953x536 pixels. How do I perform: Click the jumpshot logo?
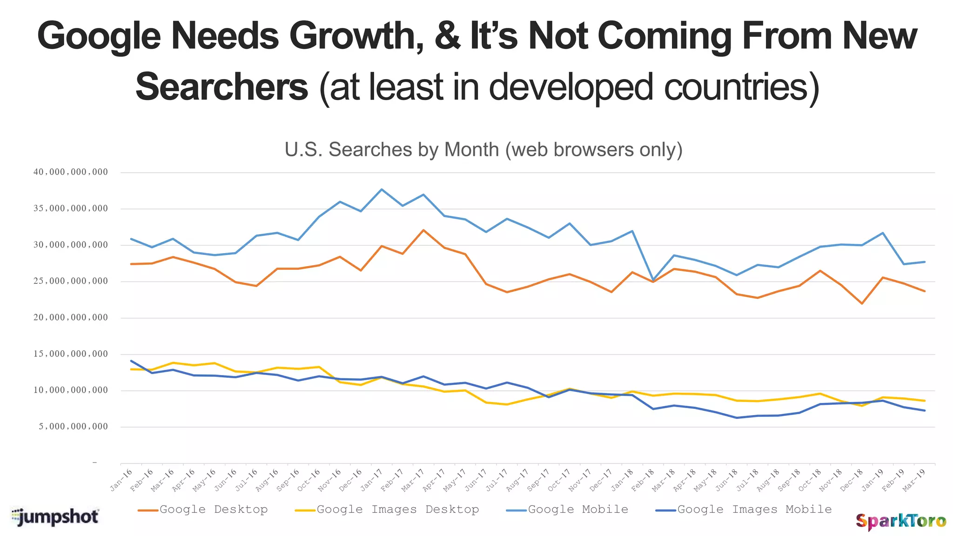[55, 517]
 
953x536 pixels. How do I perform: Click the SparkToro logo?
[900, 521]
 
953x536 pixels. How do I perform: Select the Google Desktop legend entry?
[203, 509]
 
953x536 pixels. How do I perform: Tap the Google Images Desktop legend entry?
[387, 509]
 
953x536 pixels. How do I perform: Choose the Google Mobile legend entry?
[567, 509]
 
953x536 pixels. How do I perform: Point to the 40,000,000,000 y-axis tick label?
[71, 172]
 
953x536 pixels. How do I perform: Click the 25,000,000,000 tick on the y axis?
[71, 281]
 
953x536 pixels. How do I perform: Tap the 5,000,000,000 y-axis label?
[74, 427]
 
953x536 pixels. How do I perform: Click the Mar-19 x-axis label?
[914, 480]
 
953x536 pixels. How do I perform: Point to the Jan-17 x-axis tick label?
[372, 481]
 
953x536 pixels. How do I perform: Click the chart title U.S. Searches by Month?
[483, 150]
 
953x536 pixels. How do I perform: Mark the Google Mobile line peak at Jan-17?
[382, 189]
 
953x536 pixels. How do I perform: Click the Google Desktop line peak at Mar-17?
[423, 230]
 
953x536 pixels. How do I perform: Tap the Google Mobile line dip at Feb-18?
[653, 280]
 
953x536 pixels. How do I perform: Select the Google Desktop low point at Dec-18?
[862, 304]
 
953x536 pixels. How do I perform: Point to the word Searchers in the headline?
[221, 87]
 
